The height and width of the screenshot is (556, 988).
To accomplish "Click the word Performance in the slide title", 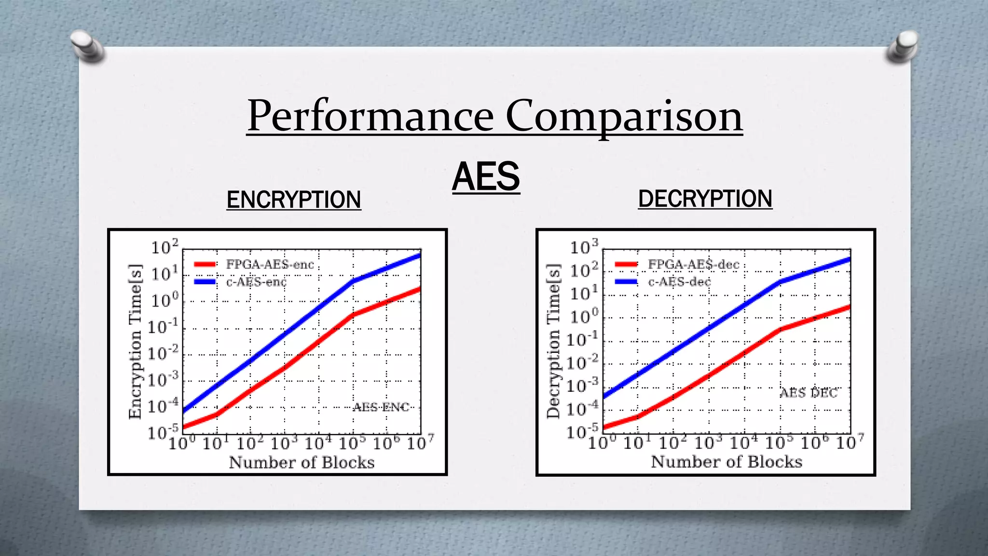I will [370, 116].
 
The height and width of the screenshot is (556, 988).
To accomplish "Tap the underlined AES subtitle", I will [486, 177].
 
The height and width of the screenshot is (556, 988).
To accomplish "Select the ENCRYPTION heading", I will [294, 200].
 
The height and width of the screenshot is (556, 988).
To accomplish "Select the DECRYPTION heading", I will [705, 199].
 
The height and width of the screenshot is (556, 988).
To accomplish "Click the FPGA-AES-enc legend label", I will [270, 264].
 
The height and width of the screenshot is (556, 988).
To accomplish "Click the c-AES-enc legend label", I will [256, 282].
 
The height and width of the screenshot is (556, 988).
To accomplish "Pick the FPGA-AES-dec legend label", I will [693, 264].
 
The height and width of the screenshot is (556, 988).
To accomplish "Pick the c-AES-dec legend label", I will [679, 282].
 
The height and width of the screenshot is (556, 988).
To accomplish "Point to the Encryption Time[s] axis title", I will [135, 341].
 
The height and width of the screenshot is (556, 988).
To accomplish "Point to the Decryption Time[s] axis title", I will [553, 341].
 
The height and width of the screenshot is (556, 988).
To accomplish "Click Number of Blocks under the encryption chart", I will [302, 462].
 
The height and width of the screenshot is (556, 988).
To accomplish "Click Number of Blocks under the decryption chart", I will [727, 462].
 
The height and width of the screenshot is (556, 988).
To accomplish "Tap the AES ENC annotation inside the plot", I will [381, 407].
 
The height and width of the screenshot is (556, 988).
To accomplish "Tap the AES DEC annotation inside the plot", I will [809, 393].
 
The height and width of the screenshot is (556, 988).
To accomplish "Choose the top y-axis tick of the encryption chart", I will [165, 247].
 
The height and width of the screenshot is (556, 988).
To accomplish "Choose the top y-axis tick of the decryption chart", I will [584, 247].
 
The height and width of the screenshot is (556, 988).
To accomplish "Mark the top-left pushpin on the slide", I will [87, 46].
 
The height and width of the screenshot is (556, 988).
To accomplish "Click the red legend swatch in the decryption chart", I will [626, 264].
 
